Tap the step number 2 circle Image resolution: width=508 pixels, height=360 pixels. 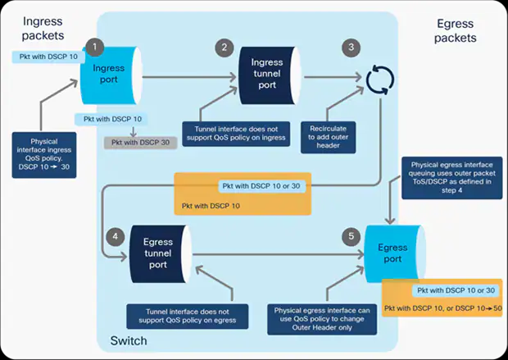(225, 47)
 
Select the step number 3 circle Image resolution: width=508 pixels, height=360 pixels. (352, 47)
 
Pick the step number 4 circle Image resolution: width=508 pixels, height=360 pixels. (118, 237)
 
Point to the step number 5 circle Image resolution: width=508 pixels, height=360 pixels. (352, 237)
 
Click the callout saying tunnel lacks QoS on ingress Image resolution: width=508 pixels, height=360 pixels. (235, 134)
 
